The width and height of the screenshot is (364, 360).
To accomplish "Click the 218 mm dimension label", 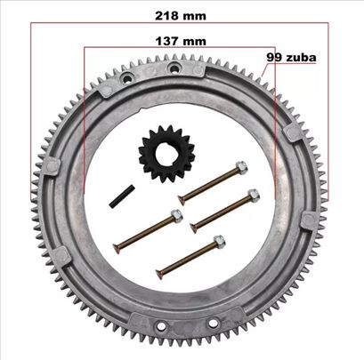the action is click(181, 16).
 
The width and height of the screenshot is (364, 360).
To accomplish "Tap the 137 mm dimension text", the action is click(181, 41).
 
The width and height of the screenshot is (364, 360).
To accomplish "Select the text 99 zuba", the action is click(291, 57).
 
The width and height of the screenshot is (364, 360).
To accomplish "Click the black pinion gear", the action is click(166, 154).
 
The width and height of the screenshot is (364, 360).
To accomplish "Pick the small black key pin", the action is click(122, 196).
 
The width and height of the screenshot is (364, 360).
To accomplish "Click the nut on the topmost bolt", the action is click(241, 168).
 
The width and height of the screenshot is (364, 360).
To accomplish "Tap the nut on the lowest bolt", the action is click(219, 242).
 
